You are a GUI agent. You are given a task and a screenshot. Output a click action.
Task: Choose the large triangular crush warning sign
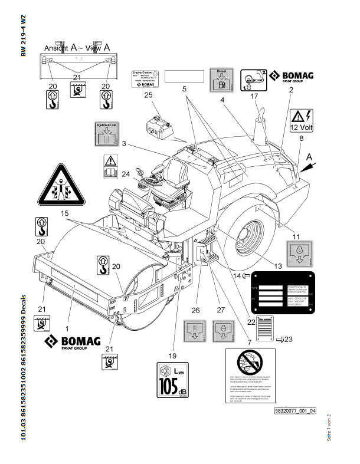[60, 186]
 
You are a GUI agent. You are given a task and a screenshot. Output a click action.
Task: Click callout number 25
[148, 96]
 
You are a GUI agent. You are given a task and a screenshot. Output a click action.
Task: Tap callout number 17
[254, 97]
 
